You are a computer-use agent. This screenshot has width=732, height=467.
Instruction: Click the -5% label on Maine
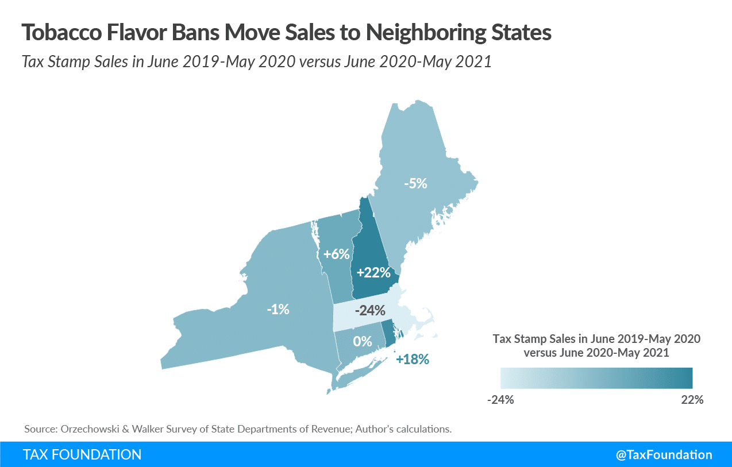[x=415, y=183]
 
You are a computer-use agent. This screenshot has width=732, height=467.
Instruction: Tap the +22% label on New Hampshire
[x=373, y=272]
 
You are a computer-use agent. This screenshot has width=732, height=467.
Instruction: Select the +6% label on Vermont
[x=333, y=253]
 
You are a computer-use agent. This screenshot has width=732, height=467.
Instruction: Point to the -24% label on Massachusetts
[x=369, y=311]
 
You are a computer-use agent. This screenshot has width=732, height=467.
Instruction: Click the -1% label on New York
[x=278, y=309]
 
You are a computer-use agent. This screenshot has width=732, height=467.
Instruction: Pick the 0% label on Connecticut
[x=363, y=341]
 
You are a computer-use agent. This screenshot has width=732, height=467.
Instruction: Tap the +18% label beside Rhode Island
[x=413, y=360]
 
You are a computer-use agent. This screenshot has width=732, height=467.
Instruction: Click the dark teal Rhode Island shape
[x=389, y=335]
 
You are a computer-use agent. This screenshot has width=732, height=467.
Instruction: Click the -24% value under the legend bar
[x=500, y=400]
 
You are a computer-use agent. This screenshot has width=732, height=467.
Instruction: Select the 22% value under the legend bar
[x=692, y=400]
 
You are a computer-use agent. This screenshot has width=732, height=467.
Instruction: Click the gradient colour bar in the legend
[x=596, y=378]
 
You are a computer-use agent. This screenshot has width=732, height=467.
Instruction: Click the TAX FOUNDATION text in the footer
[x=82, y=455]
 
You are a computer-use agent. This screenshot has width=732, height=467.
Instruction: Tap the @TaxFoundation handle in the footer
[x=664, y=455]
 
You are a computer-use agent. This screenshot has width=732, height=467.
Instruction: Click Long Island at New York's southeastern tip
[x=362, y=372]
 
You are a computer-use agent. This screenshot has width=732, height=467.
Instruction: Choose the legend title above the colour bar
[x=596, y=345]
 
